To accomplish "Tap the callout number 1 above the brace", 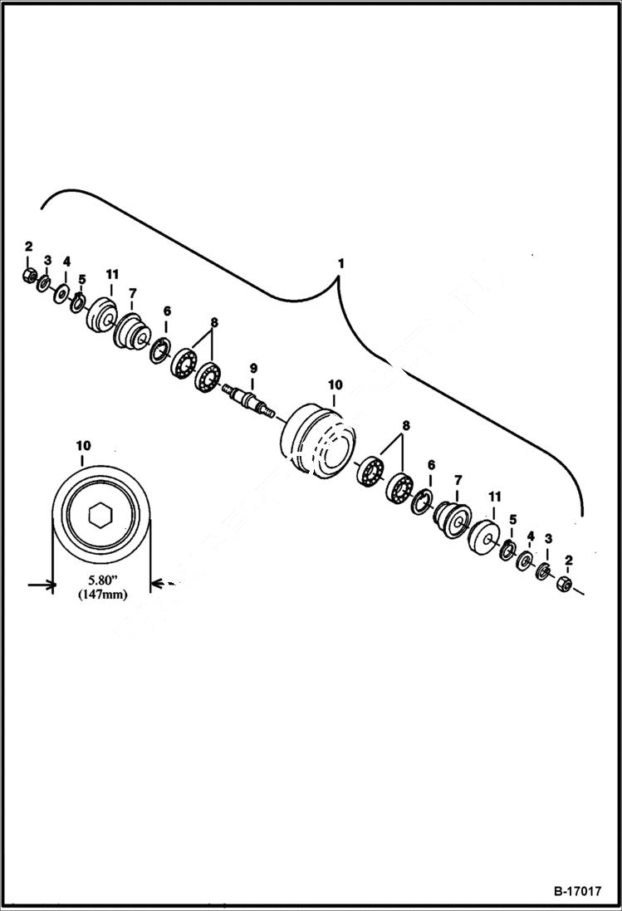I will (340, 263).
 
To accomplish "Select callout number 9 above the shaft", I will (254, 367).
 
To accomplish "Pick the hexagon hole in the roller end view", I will (100, 516).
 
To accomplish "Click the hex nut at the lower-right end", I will (565, 583).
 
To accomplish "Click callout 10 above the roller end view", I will (83, 446).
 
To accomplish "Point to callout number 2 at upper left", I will (28, 247).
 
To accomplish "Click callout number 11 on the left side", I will (112, 274).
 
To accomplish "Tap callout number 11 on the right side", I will (495, 497).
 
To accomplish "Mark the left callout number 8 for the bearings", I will (214, 321).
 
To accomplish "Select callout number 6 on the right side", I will (431, 466).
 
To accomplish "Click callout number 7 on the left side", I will (131, 294).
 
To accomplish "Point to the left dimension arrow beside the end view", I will (41, 586).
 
